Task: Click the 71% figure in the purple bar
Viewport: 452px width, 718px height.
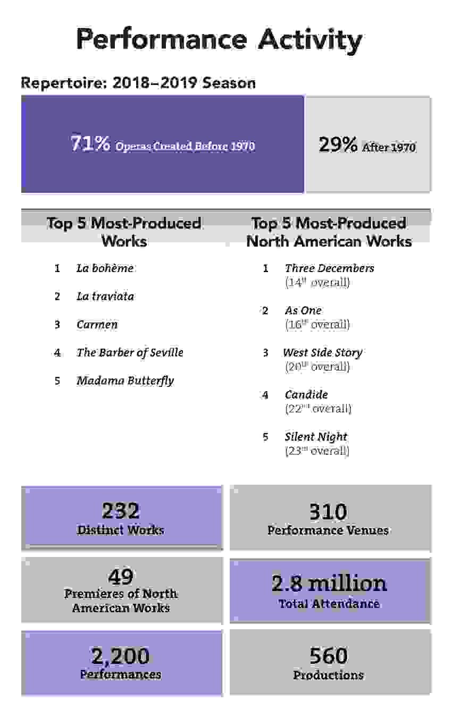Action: [x=90, y=143]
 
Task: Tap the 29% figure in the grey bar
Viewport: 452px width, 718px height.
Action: [x=338, y=145]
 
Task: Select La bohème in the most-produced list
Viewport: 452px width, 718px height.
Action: [x=105, y=268]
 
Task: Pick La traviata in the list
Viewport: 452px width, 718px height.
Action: [x=105, y=297]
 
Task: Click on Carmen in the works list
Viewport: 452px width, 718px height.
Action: [x=97, y=325]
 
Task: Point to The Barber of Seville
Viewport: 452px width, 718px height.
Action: [x=130, y=353]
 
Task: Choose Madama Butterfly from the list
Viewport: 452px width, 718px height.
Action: [x=125, y=381]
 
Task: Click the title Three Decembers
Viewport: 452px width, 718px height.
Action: [x=329, y=268]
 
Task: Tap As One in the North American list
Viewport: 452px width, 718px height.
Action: [x=303, y=310]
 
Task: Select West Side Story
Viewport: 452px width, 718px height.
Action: [x=322, y=352]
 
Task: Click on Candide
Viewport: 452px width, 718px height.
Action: [x=306, y=394]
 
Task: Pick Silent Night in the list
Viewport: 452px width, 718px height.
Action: [x=316, y=437]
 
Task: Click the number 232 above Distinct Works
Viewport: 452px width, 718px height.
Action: [x=121, y=511]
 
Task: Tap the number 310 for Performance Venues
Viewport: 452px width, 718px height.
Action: [x=328, y=512]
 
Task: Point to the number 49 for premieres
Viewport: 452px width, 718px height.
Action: [x=121, y=576]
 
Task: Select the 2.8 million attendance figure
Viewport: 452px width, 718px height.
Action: [x=329, y=584]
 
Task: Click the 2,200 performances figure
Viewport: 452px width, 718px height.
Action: [x=121, y=657]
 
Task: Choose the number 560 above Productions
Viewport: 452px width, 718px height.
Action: [x=328, y=657]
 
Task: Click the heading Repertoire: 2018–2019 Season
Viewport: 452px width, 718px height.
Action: [x=138, y=83]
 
